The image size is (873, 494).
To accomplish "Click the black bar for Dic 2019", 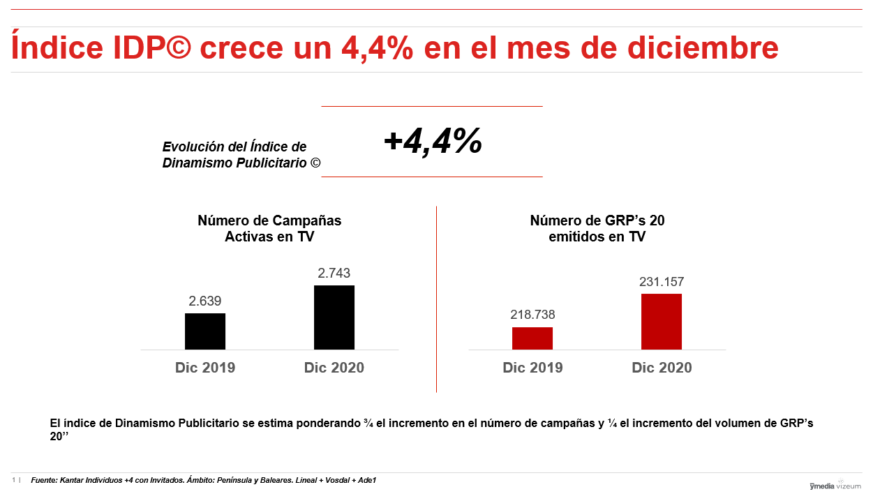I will [205, 331].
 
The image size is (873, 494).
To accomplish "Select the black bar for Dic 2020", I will [334, 317].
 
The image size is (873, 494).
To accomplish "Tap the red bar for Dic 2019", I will [532, 338].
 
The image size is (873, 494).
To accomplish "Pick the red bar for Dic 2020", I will [662, 322].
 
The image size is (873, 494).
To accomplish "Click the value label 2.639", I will [205, 301].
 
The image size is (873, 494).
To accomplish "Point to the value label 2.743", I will [334, 274].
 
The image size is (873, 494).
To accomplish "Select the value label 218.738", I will [532, 315].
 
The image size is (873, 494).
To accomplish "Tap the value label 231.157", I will [662, 282].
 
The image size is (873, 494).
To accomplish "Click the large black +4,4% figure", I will [433, 142].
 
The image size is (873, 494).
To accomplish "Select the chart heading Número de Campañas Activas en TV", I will [269, 229].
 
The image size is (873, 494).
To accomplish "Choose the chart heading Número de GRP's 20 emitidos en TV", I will [597, 229].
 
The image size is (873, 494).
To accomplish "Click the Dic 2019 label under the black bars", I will [205, 368].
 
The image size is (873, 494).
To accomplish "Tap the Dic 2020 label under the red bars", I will [662, 368].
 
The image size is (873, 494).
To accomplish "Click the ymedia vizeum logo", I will [835, 486].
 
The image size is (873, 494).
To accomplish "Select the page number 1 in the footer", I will [13, 480].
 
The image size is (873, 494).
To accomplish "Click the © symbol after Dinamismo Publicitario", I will [315, 163].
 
